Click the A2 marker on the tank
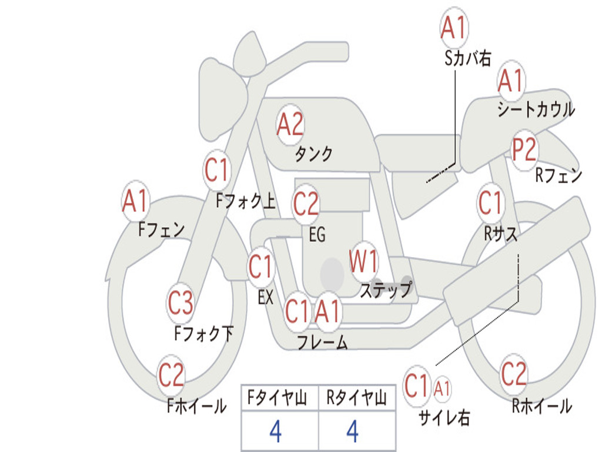[290, 124]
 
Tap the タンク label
[313, 154]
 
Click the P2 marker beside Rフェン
[524, 150]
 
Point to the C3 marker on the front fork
[180, 303]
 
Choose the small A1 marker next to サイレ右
[443, 388]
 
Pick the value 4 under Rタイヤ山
[352, 431]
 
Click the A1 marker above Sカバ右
[454, 28]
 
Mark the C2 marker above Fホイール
[172, 375]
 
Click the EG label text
[317, 235]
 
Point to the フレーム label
[322, 342]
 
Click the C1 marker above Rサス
[490, 203]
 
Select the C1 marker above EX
[260, 267]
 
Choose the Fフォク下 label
[204, 334]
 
